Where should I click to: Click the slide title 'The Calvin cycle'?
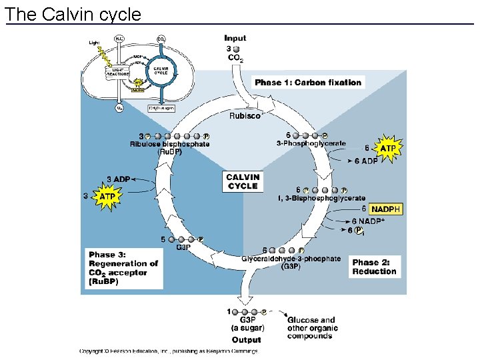point(73,14)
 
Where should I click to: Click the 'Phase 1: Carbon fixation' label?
point(308,83)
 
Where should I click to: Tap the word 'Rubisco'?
point(245,116)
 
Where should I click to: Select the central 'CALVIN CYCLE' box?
point(243,182)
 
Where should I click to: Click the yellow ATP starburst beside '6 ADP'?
point(387,147)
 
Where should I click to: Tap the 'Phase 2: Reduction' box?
point(375,267)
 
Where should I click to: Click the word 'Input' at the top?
point(235,38)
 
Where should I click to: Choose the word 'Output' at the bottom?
point(247,340)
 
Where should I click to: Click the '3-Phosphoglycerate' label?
point(311,143)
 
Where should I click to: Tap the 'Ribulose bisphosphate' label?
point(169,144)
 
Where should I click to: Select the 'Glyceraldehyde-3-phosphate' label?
point(291,259)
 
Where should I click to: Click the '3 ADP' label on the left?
point(119,179)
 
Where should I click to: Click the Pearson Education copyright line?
point(168,351)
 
